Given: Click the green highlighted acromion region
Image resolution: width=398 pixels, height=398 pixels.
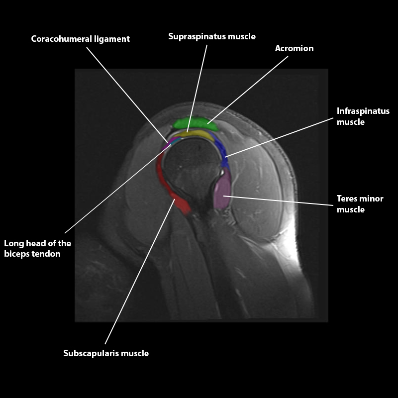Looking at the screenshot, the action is [x=195, y=123].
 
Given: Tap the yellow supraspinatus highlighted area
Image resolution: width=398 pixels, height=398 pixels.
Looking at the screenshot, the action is [x=195, y=134].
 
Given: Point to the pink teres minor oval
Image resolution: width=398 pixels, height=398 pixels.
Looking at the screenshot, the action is [x=222, y=189].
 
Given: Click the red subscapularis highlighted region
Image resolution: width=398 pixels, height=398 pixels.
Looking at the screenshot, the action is [x=171, y=185].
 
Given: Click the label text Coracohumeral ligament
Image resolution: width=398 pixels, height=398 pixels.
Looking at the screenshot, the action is [x=80, y=39].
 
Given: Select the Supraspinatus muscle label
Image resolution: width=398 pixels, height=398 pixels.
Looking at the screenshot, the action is [x=212, y=36].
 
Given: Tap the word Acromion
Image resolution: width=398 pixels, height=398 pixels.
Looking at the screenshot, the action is [x=294, y=48].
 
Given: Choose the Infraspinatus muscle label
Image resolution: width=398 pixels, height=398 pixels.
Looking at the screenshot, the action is [x=363, y=116].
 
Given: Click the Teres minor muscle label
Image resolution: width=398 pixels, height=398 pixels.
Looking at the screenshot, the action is [x=360, y=204].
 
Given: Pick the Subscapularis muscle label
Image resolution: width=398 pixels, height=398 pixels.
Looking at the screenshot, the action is [x=106, y=353].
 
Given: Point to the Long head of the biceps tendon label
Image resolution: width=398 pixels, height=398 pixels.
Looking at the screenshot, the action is [x=38, y=248].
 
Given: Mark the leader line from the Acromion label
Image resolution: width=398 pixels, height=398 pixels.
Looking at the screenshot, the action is [x=248, y=90].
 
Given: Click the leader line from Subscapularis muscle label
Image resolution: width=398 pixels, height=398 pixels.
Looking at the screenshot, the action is [x=140, y=271].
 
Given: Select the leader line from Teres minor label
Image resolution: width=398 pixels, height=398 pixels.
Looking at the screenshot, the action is [x=278, y=200].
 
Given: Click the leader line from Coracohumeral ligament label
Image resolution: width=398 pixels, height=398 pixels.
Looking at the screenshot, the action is [x=127, y=95].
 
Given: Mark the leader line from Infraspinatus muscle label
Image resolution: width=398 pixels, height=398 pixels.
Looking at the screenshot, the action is [x=279, y=138].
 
